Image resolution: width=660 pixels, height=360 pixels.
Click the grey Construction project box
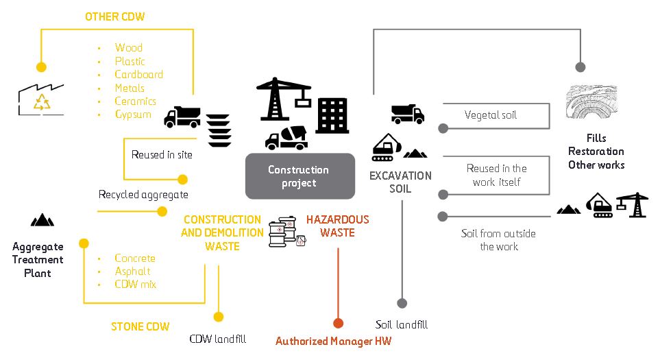[300, 176]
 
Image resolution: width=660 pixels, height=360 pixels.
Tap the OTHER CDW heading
[114, 16]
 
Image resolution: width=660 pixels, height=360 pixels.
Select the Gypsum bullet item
[133, 115]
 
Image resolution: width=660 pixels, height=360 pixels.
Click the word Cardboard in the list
[138, 75]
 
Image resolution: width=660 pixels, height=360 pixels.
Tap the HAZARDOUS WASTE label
[337, 226]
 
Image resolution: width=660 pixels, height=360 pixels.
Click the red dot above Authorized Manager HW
[337, 323]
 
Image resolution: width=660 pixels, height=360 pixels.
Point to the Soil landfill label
[402, 324]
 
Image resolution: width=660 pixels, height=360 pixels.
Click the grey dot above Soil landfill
[402, 302]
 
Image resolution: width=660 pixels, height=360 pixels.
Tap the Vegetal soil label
[490, 115]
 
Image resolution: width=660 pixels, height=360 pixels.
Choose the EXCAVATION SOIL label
[400, 182]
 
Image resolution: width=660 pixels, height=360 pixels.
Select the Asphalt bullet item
[132, 272]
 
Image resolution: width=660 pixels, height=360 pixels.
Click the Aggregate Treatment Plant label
[38, 260]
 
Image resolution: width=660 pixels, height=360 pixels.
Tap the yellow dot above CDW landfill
[218, 317]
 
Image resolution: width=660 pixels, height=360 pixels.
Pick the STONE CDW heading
[140, 326]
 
